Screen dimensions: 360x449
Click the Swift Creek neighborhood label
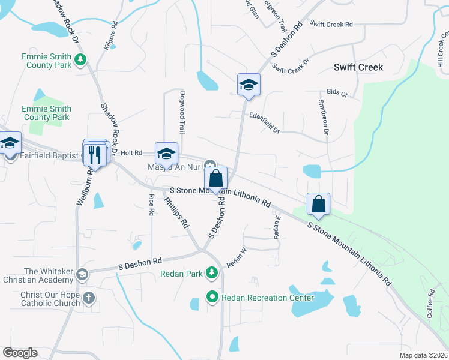point(358,67)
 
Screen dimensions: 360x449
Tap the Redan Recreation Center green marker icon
point(212,297)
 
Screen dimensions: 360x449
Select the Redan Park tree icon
point(211,273)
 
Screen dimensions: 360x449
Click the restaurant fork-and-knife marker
point(95,154)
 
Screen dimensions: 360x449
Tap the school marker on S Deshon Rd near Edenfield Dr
point(248,85)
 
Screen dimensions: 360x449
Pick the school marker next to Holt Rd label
point(166,154)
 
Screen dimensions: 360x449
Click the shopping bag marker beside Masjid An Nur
point(216,178)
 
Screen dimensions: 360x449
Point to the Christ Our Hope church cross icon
point(89,298)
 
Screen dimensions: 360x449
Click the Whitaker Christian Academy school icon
point(82,275)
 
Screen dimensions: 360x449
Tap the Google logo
point(20,353)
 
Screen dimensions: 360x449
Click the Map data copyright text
point(423,355)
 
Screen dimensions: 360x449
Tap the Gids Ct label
point(337,94)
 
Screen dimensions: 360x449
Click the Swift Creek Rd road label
point(331,25)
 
